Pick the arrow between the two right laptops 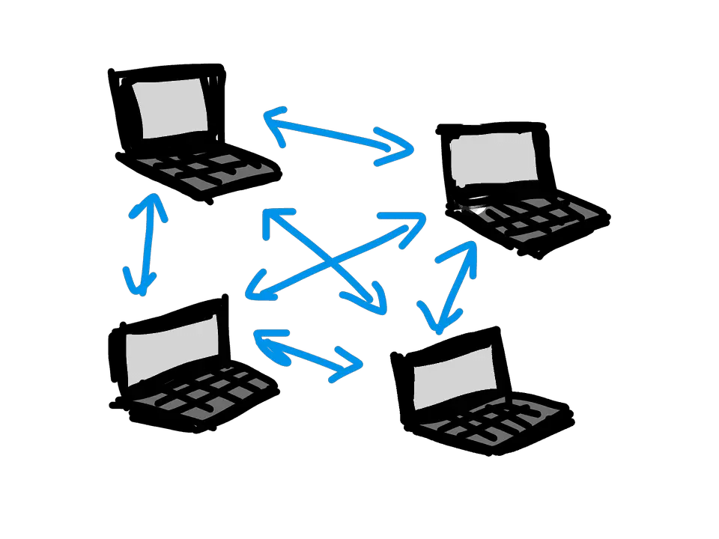point(453,284)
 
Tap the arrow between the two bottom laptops point(307,352)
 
